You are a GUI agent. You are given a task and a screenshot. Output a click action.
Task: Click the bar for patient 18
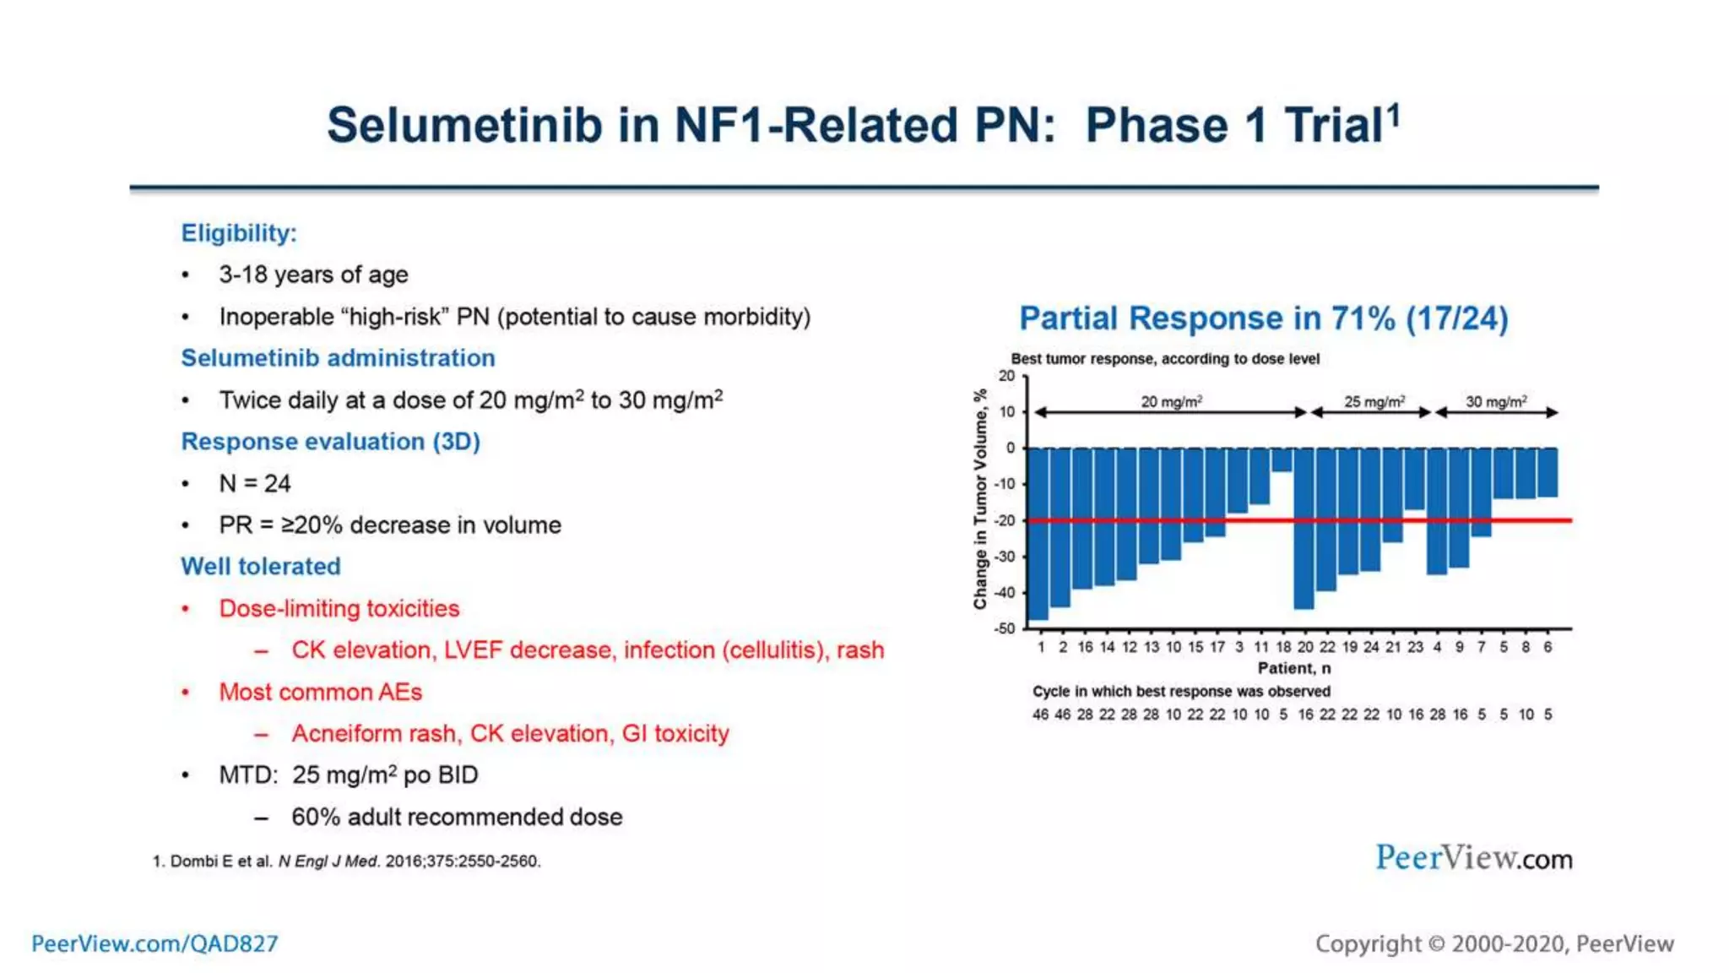(x=1282, y=459)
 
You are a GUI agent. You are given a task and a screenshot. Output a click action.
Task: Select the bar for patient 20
(x=1304, y=528)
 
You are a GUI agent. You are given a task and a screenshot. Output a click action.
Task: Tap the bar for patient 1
(x=1038, y=534)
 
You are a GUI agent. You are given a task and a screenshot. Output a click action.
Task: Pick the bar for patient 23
(x=1415, y=479)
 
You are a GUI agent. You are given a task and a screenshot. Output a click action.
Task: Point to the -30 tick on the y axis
(x=1005, y=557)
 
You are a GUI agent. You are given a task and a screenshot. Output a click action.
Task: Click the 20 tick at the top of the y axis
(x=1006, y=376)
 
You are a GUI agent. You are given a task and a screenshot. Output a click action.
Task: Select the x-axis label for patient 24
(x=1371, y=647)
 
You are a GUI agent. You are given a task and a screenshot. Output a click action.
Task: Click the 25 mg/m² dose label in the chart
(x=1374, y=402)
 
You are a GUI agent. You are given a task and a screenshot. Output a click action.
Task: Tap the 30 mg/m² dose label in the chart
(x=1496, y=402)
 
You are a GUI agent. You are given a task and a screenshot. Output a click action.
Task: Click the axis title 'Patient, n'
(x=1294, y=668)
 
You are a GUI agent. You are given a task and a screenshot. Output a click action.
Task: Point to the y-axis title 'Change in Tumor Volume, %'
(x=980, y=499)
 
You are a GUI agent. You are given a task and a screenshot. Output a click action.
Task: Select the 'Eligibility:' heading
(x=239, y=233)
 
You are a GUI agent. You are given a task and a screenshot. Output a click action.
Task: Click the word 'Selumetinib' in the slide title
(x=465, y=126)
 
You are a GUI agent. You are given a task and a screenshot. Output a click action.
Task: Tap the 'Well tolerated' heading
(x=261, y=567)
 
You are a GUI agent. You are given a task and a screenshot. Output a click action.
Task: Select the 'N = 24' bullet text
(x=255, y=483)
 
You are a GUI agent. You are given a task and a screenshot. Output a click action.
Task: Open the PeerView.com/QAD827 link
(x=154, y=943)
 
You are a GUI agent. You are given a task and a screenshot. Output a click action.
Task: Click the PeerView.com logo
(x=1473, y=858)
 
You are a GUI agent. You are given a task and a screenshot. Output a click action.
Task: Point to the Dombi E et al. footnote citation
(x=347, y=862)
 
